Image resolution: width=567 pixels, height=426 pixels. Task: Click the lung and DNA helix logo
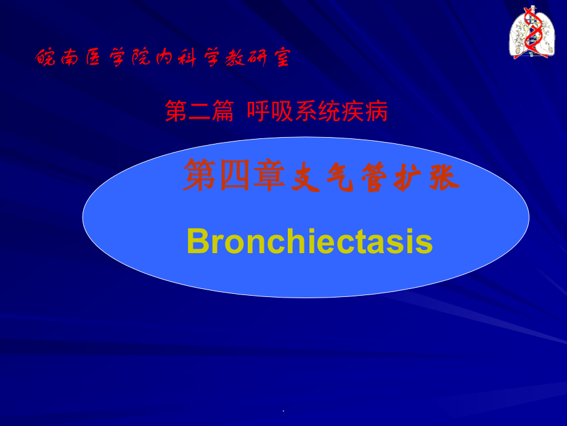[x=531, y=32]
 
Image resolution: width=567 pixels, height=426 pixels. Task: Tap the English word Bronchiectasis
[x=309, y=241]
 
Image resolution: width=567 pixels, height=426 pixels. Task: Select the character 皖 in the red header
[x=46, y=59]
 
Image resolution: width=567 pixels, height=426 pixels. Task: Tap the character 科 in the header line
[x=186, y=59]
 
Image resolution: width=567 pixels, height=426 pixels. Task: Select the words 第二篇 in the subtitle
[x=199, y=112]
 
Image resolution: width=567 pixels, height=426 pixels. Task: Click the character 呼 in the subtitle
[x=258, y=112]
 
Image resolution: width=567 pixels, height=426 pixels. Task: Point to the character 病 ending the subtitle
[x=377, y=112]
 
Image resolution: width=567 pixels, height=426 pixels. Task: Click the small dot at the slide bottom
[x=283, y=411]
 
